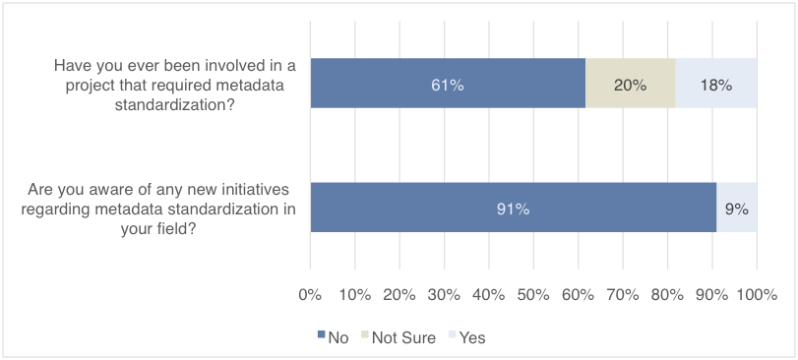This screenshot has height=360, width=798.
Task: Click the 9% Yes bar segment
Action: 737,208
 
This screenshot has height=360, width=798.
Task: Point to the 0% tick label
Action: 311,294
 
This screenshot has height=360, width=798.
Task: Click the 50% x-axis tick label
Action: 533,294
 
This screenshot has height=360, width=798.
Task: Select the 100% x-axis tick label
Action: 757,294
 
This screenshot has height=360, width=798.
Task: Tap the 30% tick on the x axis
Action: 445,294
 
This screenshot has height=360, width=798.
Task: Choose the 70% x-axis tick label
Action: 623,294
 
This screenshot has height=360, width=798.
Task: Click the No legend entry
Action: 333,337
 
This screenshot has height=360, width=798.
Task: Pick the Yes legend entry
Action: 464,337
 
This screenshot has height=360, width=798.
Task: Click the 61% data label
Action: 448,86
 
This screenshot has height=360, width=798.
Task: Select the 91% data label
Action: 513,209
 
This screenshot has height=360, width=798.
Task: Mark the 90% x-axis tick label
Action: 711,294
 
